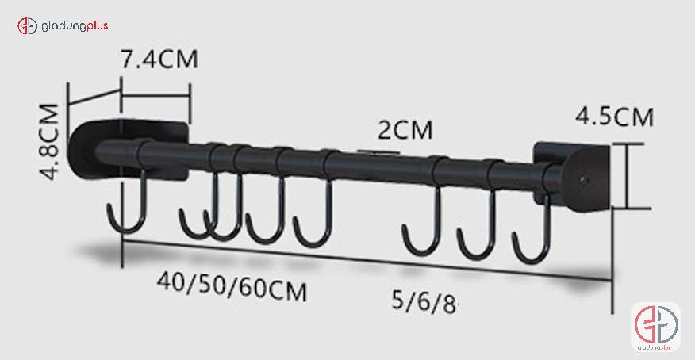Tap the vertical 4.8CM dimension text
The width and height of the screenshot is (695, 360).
[49, 141]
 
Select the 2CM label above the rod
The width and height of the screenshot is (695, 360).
[405, 129]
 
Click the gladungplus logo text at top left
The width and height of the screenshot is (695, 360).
[75, 25]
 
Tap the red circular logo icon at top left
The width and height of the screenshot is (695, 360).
[28, 26]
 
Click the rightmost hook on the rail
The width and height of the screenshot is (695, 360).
[532, 234]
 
